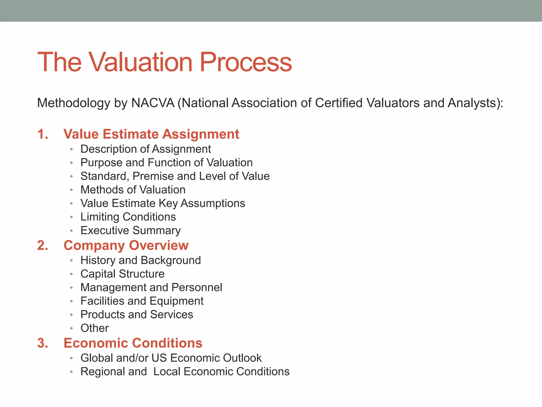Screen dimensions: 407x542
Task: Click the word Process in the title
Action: point(246,62)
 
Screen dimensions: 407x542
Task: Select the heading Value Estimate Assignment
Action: point(151,134)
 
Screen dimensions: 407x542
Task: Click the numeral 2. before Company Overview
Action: point(43,246)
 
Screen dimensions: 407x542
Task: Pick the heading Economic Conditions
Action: point(133,343)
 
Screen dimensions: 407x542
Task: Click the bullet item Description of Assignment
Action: point(146,149)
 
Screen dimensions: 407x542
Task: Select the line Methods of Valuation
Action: point(133,190)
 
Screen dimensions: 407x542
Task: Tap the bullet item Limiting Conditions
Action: point(128,217)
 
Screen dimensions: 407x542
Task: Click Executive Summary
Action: point(130,231)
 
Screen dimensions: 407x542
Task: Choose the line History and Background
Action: point(141,260)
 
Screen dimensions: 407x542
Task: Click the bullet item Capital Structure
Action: point(122,274)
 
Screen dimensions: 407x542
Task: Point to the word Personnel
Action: point(197,287)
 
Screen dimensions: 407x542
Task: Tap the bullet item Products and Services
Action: point(137,315)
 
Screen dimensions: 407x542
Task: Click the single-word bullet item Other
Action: point(94,328)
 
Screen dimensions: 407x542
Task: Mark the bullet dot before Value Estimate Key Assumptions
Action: point(71,204)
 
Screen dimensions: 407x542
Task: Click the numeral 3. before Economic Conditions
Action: point(43,343)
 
